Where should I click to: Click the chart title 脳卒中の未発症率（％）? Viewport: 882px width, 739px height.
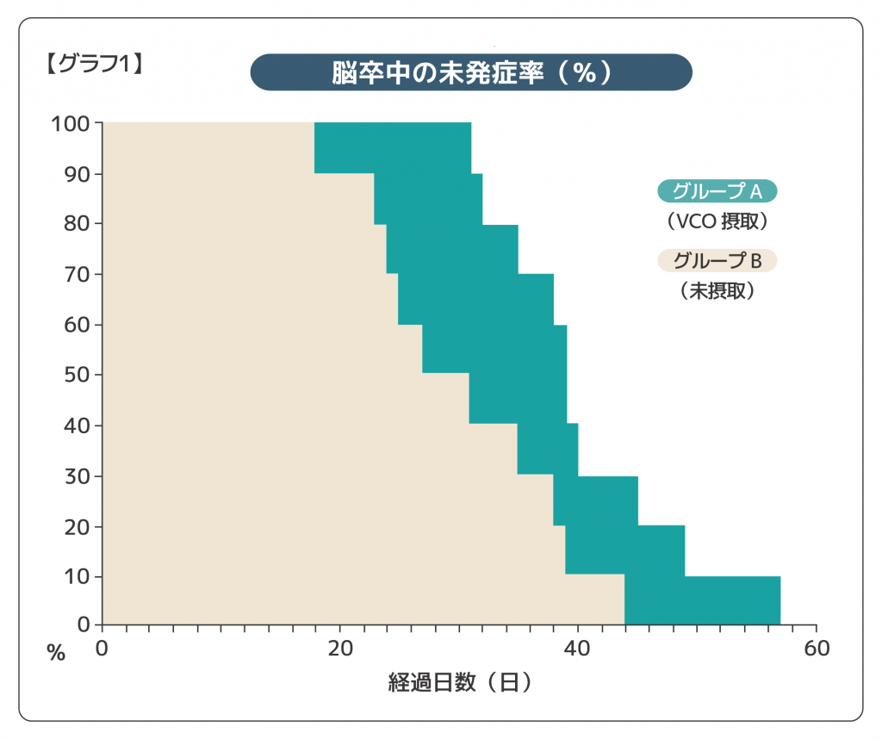coord(471,72)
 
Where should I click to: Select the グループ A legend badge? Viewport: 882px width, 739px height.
coord(717,191)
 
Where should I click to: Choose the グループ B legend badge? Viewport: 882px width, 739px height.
coord(717,260)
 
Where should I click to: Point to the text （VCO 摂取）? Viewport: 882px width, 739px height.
coord(717,221)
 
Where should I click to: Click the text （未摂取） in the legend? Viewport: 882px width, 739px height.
coord(717,291)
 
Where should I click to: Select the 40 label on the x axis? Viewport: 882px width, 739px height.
coord(578,649)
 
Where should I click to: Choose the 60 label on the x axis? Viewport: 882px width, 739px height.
coord(817,649)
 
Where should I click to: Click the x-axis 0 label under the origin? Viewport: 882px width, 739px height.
coord(102,649)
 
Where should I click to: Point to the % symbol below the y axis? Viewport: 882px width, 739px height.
coord(56,654)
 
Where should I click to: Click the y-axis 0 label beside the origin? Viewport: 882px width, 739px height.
coord(84,624)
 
